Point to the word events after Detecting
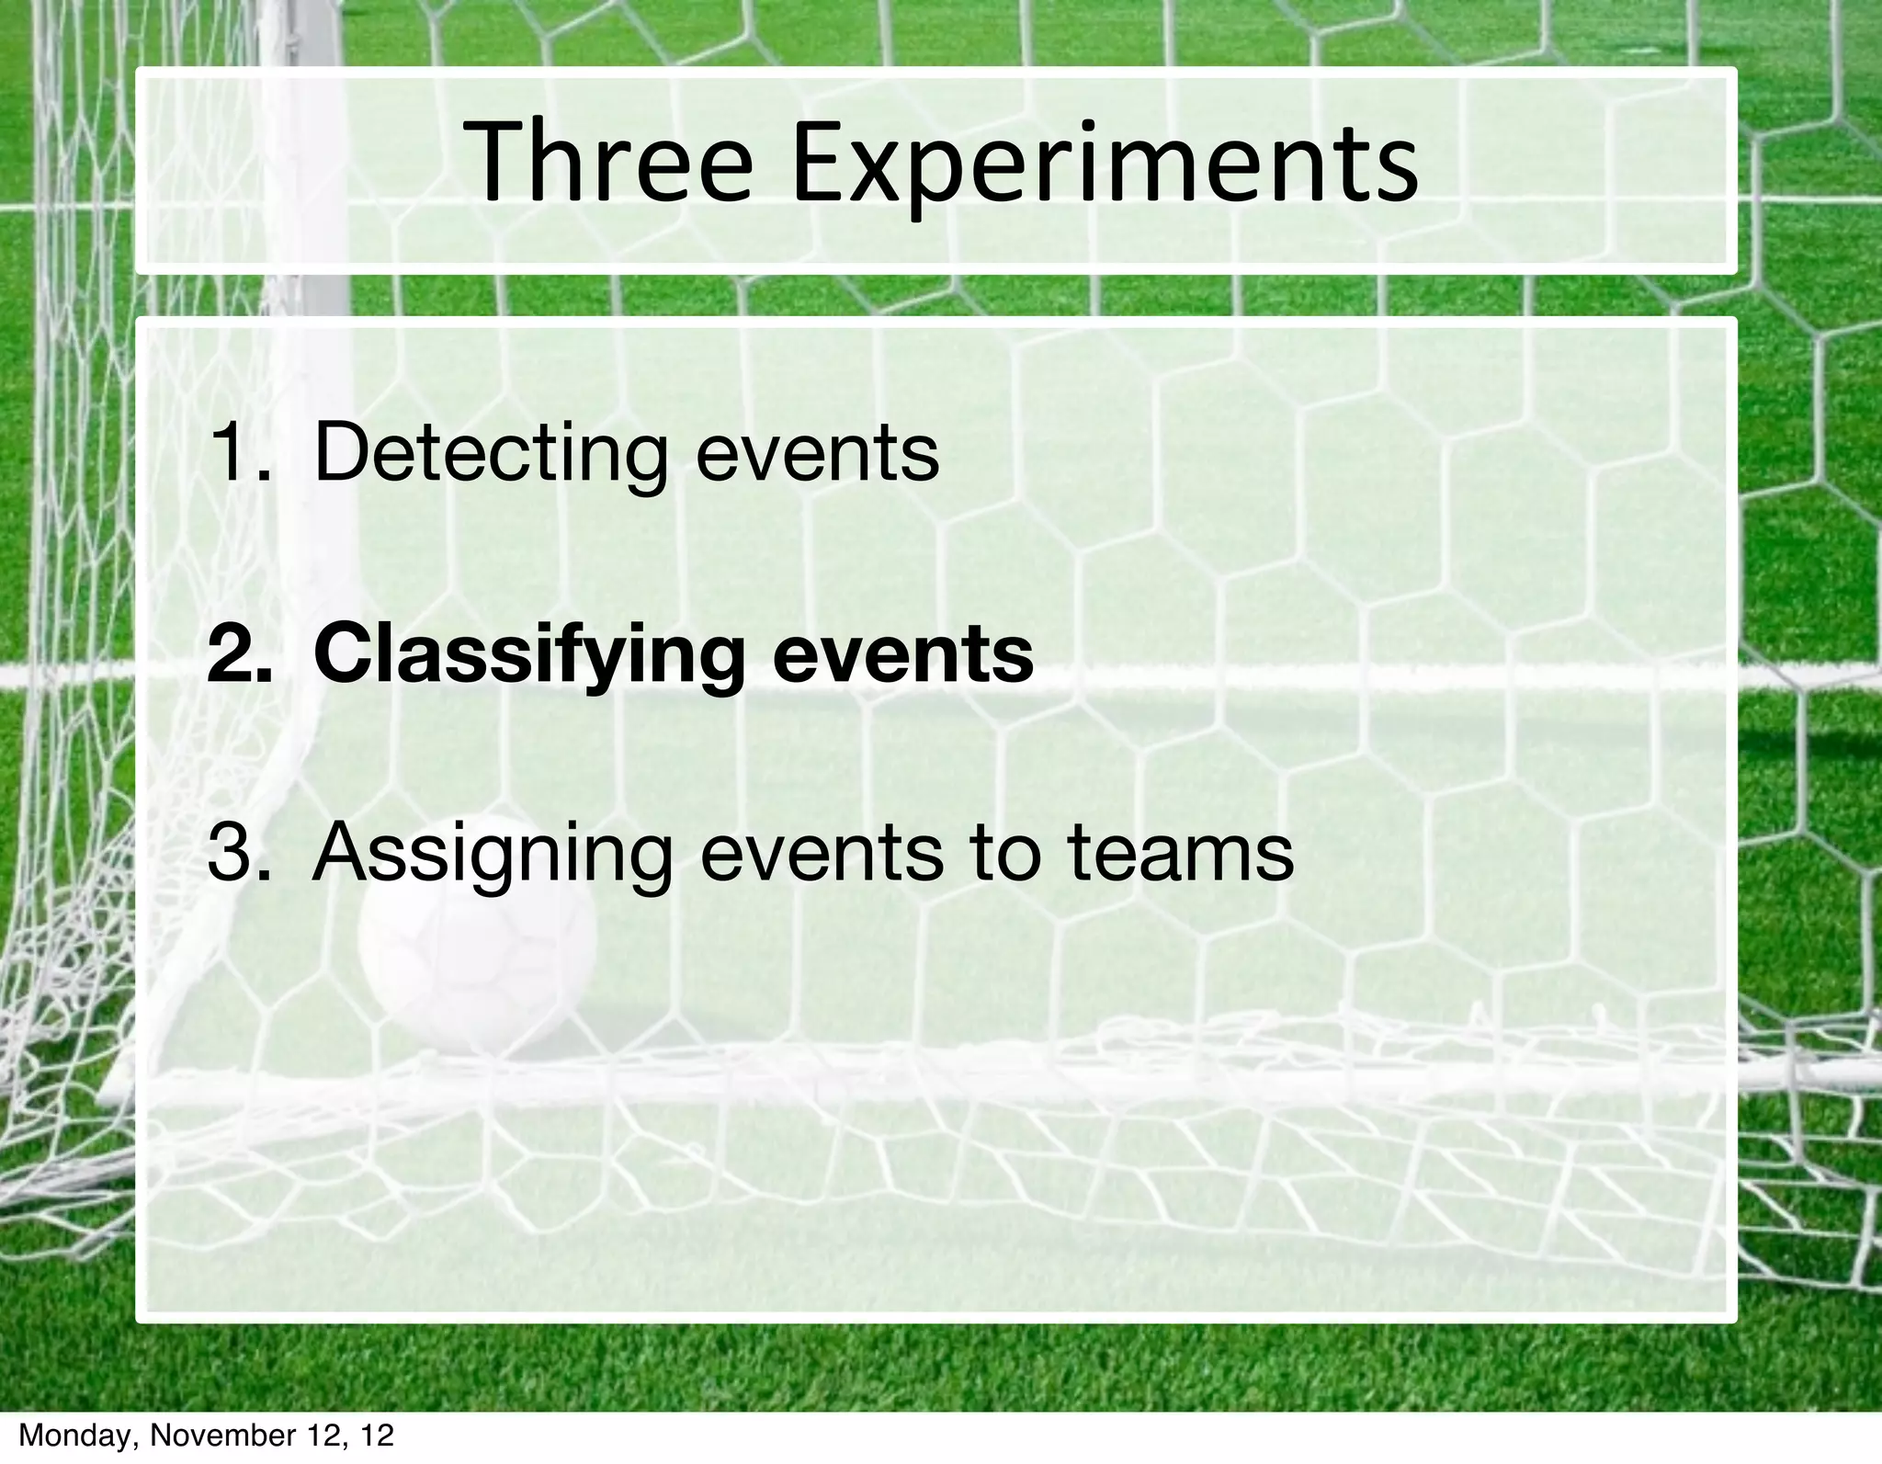click(x=817, y=454)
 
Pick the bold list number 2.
click(x=238, y=654)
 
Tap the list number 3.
click(x=238, y=853)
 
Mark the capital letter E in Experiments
click(x=819, y=165)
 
